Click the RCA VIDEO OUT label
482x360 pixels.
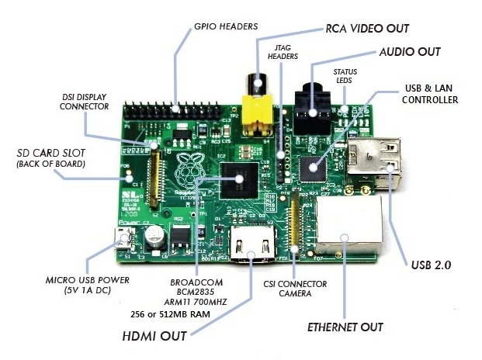click(366, 28)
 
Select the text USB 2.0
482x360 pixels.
click(430, 265)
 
